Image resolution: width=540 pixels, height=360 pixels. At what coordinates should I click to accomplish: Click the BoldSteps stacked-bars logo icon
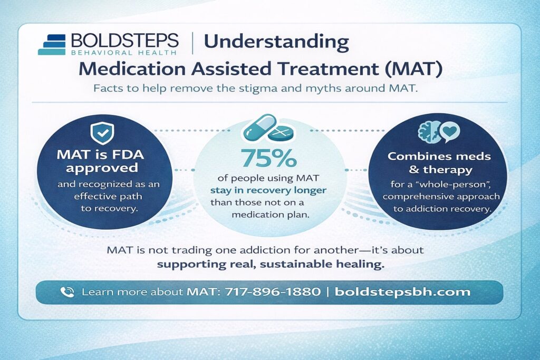point(52,45)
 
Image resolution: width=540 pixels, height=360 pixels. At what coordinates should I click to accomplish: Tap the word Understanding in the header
point(275,42)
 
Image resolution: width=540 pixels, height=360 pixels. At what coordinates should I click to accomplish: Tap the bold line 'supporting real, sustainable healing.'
point(269,264)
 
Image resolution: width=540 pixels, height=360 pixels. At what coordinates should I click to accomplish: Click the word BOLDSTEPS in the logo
point(124,41)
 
